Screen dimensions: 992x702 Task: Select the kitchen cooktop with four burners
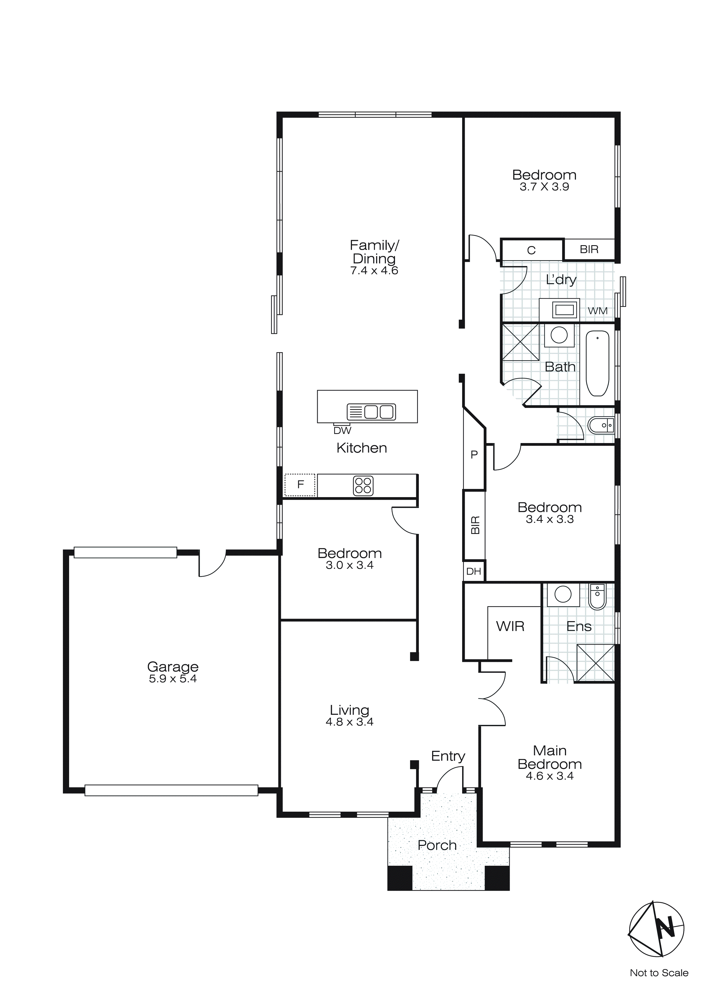(363, 486)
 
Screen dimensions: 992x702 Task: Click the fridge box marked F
(300, 485)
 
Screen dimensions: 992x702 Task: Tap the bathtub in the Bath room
(598, 363)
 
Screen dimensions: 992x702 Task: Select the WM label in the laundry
(598, 311)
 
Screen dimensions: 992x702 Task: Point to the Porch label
(437, 845)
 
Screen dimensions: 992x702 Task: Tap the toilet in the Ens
(598, 597)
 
